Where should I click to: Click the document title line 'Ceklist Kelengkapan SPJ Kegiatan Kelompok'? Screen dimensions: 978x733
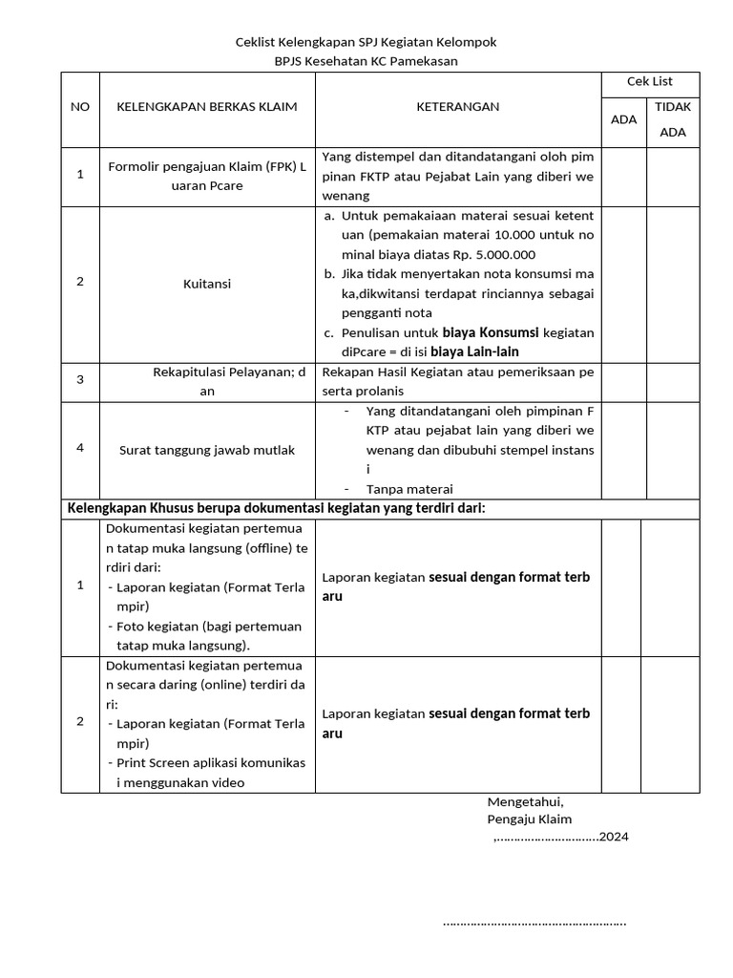point(366,43)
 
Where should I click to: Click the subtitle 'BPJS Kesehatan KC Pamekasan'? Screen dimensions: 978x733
point(366,61)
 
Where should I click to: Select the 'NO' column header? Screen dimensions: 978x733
point(80,107)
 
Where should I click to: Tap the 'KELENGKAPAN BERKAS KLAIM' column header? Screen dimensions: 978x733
point(207,107)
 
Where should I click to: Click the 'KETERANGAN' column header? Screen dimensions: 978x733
point(457,107)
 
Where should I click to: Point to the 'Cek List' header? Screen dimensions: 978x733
point(650,82)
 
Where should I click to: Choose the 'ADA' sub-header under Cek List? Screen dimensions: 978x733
point(623,120)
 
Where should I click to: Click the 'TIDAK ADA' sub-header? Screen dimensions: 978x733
point(673,119)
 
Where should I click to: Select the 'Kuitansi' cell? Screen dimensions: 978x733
point(207,284)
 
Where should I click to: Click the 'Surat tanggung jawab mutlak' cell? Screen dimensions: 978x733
point(207,450)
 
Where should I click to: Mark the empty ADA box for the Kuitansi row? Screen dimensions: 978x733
point(624,284)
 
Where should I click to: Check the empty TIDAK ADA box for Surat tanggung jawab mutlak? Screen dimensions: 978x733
point(673,450)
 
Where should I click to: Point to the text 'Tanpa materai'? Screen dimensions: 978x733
point(409,488)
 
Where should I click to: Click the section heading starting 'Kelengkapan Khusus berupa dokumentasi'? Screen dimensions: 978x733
point(276,508)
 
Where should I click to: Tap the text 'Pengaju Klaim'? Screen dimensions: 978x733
point(530,819)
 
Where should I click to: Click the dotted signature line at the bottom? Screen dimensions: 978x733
point(534,924)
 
